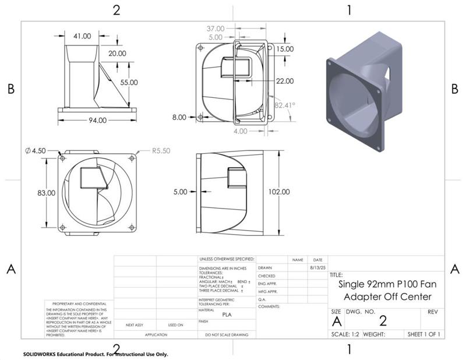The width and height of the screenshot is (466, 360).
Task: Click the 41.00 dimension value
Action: point(82,36)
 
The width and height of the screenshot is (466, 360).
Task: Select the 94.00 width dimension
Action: point(97,121)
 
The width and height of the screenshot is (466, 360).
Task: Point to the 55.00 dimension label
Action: point(129,82)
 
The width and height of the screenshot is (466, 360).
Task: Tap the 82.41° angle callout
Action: point(285,105)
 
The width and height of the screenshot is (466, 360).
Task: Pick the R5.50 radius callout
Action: point(160,150)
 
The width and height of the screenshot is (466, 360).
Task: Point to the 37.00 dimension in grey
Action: point(216,28)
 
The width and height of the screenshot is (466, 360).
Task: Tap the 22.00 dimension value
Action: point(285,80)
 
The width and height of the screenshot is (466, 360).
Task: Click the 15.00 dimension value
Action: point(285,50)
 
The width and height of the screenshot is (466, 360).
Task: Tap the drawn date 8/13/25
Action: point(317,267)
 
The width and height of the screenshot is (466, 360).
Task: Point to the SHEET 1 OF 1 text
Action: point(423,334)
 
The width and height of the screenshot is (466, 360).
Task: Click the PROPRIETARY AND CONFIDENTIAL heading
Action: point(79,304)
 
